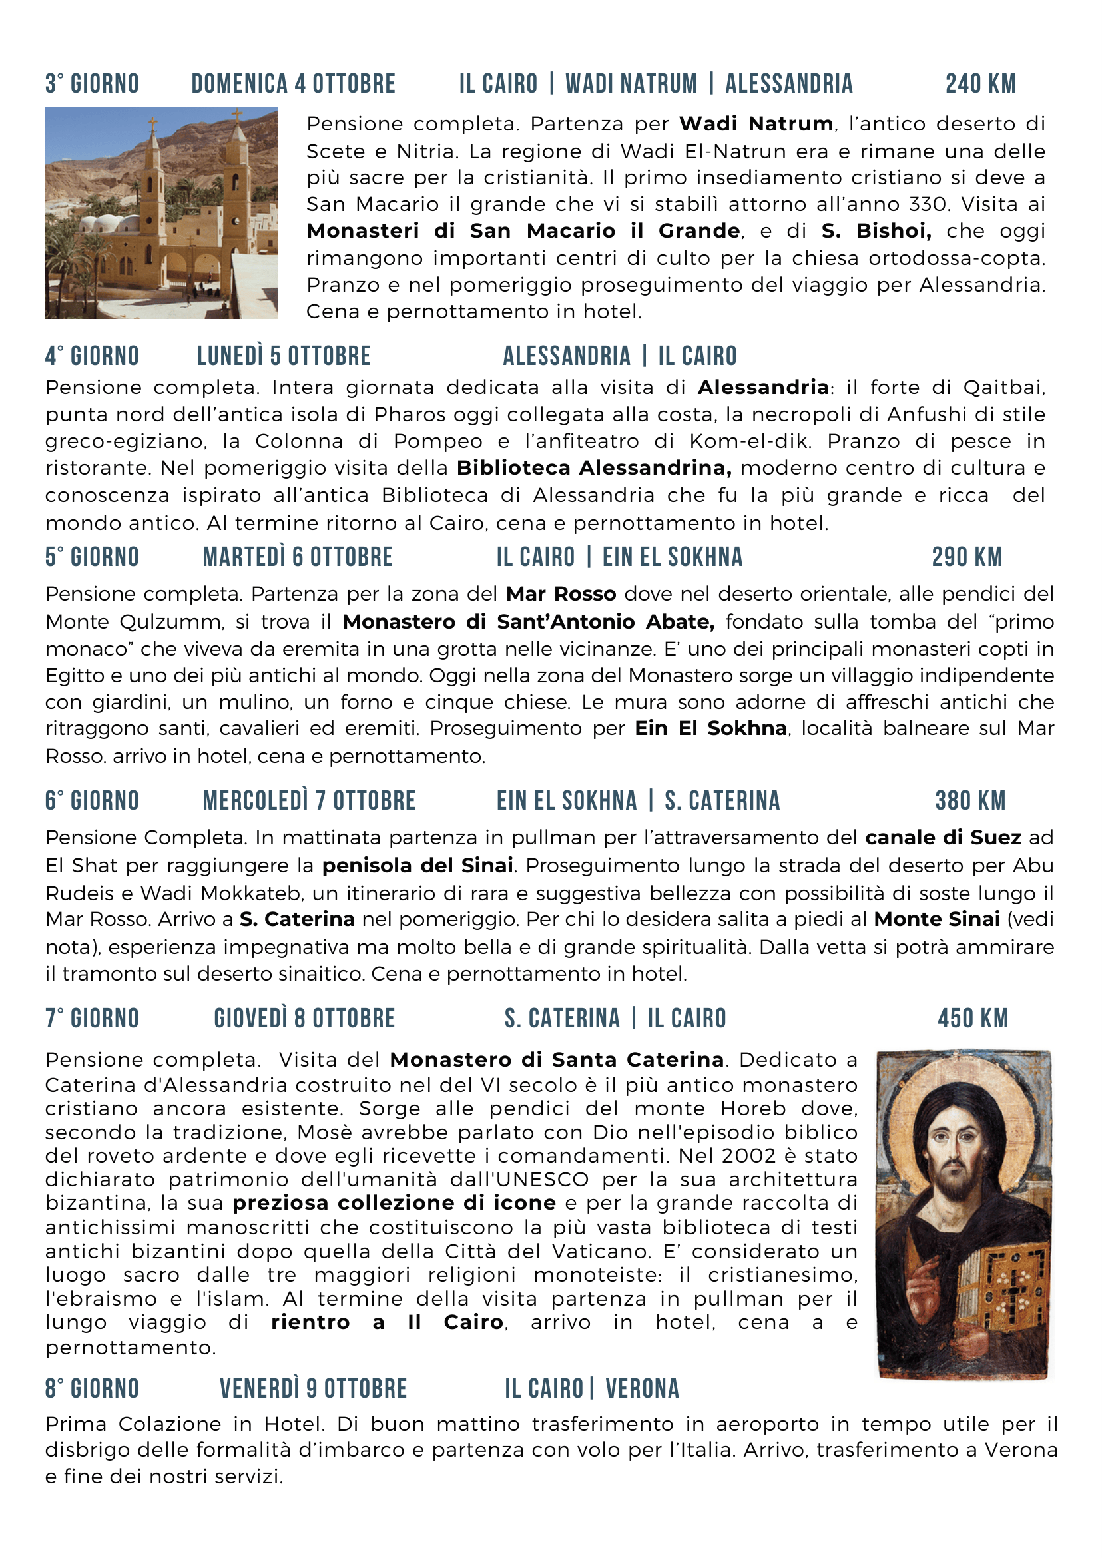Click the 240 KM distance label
981,83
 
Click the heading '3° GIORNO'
93,83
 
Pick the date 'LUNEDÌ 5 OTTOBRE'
284,356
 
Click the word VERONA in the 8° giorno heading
642,1388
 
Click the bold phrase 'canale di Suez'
944,838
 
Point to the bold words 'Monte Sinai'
936,919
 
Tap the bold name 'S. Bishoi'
876,231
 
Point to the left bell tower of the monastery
153,183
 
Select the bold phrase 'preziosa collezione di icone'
394,1203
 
